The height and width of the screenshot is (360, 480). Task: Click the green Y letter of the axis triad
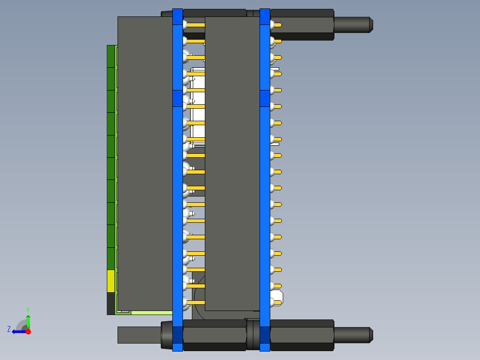pyautogui.click(x=28, y=309)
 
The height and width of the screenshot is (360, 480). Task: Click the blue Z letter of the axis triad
pyautogui.click(x=9, y=329)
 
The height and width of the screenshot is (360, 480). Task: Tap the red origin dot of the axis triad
pyautogui.click(x=28, y=331)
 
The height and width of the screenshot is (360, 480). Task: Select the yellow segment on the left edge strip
pyautogui.click(x=110, y=281)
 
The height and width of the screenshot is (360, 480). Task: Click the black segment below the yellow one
pyautogui.click(x=110, y=303)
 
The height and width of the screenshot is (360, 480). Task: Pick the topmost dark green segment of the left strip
pyautogui.click(x=110, y=56)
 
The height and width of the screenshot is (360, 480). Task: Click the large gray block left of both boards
pyautogui.click(x=145, y=163)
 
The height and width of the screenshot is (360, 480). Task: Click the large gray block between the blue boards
pyautogui.click(x=232, y=163)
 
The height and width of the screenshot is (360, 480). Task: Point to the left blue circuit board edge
pyautogui.click(x=177, y=178)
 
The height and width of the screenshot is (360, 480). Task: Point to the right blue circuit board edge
pyautogui.click(x=264, y=178)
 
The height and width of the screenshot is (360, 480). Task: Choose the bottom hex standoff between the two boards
pyautogui.click(x=215, y=335)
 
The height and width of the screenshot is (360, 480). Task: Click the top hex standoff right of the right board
pyautogui.click(x=302, y=25)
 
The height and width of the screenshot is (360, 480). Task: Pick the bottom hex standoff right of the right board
pyautogui.click(x=302, y=335)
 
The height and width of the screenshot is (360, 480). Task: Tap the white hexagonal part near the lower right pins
pyautogui.click(x=277, y=297)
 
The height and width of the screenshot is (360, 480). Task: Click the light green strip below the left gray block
pyautogui.click(x=151, y=312)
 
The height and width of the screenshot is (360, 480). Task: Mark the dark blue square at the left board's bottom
pyautogui.click(x=177, y=335)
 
